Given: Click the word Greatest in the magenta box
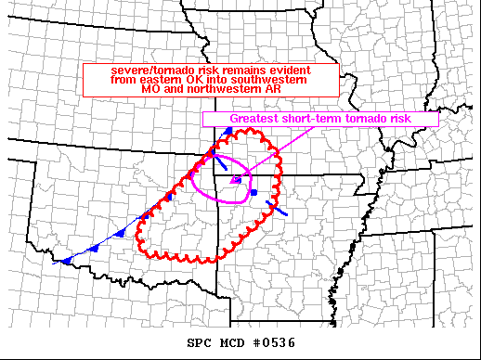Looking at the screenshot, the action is pyautogui.click(x=256, y=119).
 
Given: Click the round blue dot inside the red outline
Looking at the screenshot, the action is pyautogui.click(x=253, y=192).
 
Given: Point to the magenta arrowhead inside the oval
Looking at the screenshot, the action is pyautogui.click(x=237, y=177).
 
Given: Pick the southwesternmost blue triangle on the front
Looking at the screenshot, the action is pyautogui.click(x=67, y=260).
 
